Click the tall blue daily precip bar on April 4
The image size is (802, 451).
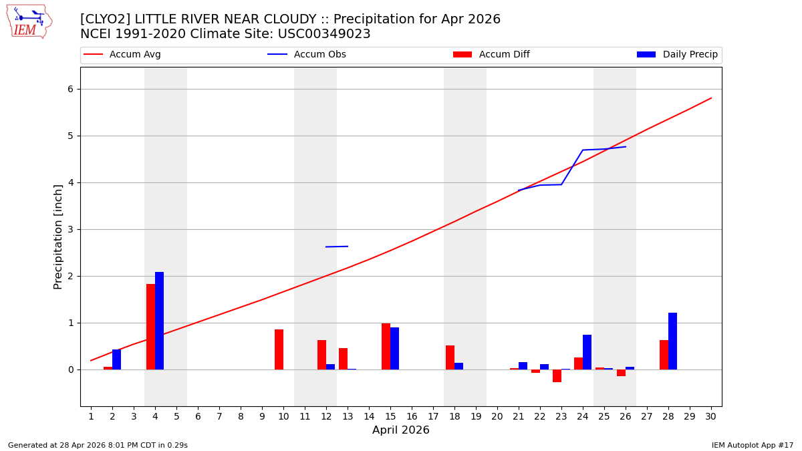tap(159, 321)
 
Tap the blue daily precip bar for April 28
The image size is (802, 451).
tap(672, 341)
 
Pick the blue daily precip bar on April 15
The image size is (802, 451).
tap(394, 348)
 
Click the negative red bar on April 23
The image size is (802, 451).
tap(557, 375)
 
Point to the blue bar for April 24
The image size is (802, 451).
tap(587, 352)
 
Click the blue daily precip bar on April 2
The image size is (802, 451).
tap(116, 359)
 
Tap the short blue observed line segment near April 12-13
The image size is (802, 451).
tap(337, 247)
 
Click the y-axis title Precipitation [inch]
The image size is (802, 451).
tap(58, 237)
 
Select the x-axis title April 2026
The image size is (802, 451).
tap(401, 430)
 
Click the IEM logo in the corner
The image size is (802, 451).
tap(29, 21)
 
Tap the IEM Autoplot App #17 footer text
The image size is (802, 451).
tap(753, 445)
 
